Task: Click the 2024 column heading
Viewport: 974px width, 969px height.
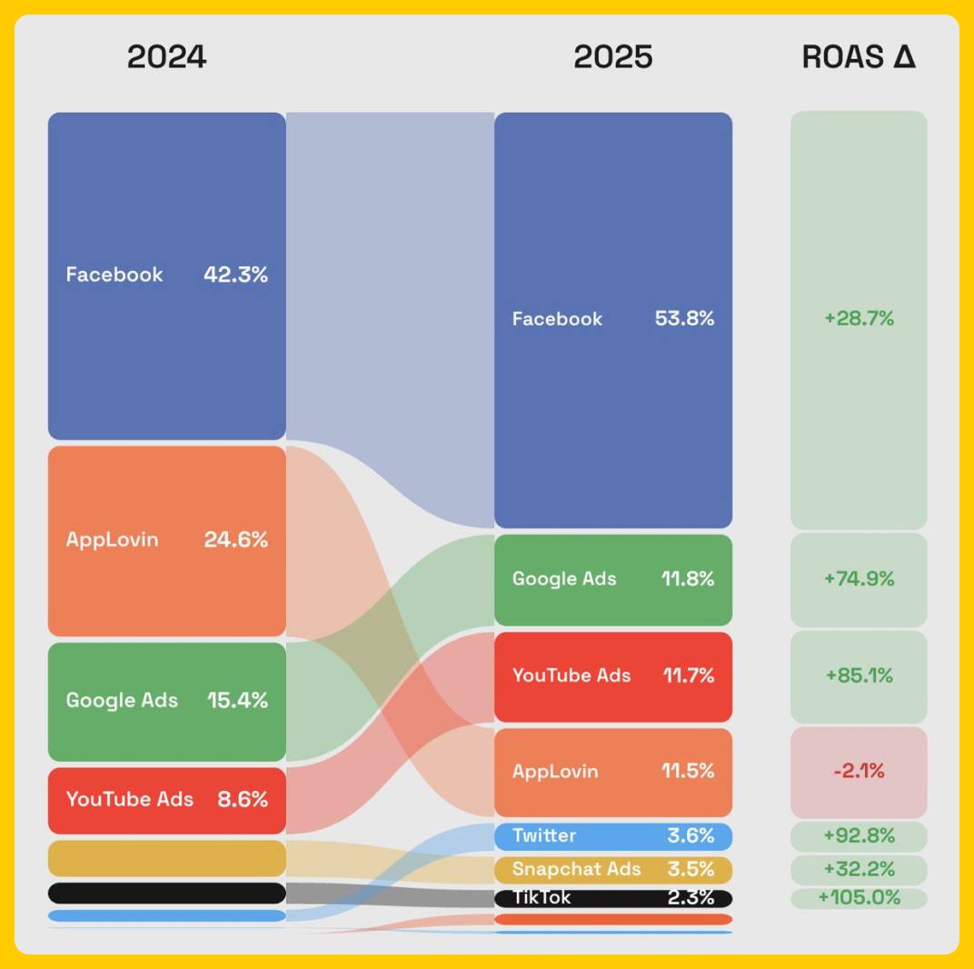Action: click(x=166, y=57)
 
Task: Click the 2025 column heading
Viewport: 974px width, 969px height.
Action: click(x=612, y=57)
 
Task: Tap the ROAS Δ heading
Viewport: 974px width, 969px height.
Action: click(x=858, y=57)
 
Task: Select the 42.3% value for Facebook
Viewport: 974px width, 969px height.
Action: click(x=235, y=275)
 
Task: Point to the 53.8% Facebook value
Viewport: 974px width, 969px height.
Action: click(x=684, y=319)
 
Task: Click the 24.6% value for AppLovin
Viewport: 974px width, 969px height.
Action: click(x=235, y=540)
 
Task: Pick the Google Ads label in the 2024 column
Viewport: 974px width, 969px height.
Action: click(x=122, y=701)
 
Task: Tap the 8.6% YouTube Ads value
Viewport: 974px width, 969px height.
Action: click(x=243, y=800)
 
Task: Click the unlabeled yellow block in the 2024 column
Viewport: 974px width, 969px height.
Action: click(x=166, y=858)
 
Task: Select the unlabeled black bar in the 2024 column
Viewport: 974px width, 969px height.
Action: click(x=166, y=893)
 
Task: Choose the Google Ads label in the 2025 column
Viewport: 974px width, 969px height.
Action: click(x=564, y=579)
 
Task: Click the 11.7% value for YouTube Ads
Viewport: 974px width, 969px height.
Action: click(x=688, y=675)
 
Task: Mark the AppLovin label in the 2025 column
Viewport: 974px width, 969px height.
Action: click(x=555, y=772)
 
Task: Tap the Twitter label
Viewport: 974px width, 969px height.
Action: click(x=544, y=835)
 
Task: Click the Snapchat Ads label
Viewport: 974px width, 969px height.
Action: click(x=576, y=869)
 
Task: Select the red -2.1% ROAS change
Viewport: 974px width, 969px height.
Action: click(x=859, y=772)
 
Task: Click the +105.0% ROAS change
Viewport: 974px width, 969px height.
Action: click(x=859, y=898)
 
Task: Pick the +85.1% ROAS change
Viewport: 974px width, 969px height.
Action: click(x=859, y=675)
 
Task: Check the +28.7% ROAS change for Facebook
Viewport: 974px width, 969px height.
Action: click(x=859, y=319)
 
